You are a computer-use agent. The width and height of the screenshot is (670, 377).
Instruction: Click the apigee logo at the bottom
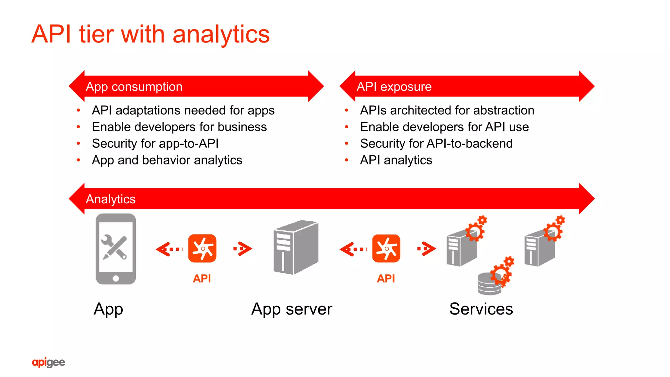[x=48, y=362]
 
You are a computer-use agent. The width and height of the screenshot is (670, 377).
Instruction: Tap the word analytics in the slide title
[x=221, y=35]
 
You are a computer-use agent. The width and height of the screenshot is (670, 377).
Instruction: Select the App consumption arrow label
[x=134, y=87]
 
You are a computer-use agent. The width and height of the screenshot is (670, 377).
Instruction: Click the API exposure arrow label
[x=394, y=87]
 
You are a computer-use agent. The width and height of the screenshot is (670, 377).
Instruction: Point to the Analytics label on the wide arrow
[x=111, y=199]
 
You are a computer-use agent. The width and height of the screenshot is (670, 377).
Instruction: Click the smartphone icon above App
[x=115, y=248]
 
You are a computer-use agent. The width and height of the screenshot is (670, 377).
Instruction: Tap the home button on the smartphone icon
[x=116, y=279]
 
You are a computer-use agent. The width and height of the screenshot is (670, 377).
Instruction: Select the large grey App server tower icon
[x=295, y=248]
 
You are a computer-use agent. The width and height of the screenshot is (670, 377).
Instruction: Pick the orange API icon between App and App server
[x=202, y=248]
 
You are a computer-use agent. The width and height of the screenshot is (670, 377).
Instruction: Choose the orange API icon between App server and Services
[x=386, y=248]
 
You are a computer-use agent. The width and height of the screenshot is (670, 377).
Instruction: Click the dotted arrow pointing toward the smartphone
[x=169, y=249]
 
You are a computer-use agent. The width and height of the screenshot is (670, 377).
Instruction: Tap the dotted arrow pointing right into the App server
[x=243, y=249]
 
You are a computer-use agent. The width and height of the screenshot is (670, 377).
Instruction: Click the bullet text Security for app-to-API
[x=155, y=144]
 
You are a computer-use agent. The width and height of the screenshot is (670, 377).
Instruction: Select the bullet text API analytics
[x=396, y=160]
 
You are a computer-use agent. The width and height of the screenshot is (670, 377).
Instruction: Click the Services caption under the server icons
[x=481, y=309]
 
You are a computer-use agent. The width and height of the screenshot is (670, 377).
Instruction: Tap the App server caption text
[x=291, y=309]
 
